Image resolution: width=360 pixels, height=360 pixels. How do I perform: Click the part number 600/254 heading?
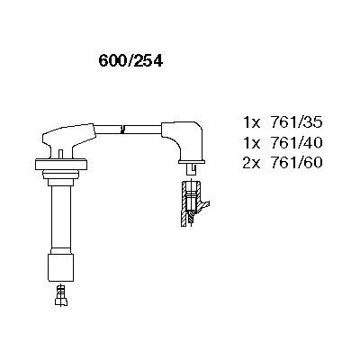[x=130, y=61]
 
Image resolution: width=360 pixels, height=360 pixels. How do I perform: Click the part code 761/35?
[x=296, y=122]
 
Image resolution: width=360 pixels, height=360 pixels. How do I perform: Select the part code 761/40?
[x=296, y=142]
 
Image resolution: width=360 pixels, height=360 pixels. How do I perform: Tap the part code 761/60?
[x=296, y=163]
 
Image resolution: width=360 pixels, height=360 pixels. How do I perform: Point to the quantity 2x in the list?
[x=251, y=163]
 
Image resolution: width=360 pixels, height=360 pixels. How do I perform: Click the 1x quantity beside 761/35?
[x=251, y=122]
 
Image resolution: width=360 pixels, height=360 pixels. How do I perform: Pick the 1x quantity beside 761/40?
[x=251, y=143]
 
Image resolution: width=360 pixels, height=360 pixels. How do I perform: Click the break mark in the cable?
[x=122, y=129]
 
